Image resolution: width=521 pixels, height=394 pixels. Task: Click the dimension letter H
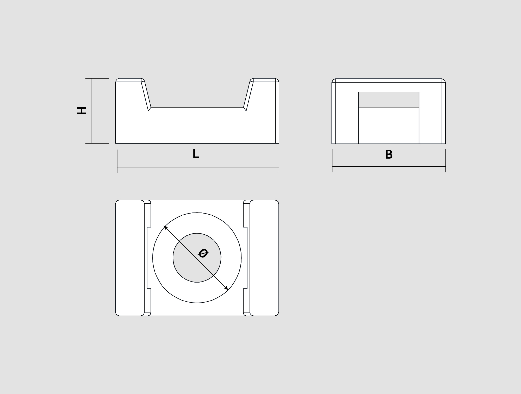point(82,111)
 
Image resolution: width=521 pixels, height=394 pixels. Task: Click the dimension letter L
point(196,154)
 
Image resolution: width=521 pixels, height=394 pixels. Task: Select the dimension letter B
point(389,154)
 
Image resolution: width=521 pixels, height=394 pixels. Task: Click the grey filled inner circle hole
point(197,258)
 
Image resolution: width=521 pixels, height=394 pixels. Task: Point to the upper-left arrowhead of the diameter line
point(165,227)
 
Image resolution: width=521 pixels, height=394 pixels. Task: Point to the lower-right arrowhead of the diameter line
point(226,288)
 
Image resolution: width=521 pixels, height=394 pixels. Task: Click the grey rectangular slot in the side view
point(389,100)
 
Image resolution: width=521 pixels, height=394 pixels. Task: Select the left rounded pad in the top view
point(130,258)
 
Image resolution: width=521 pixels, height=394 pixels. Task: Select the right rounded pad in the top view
point(264,258)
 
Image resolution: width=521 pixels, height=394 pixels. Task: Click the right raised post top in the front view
point(264,80)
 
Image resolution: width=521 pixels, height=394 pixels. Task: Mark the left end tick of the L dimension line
point(117,161)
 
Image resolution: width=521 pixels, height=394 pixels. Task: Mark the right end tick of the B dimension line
point(446,160)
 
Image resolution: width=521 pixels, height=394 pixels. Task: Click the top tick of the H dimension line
point(97,78)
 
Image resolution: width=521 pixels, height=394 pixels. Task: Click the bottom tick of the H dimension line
point(97,143)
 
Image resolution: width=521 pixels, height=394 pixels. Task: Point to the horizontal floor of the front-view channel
point(197,109)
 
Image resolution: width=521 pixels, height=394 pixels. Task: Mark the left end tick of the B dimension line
point(333,160)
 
